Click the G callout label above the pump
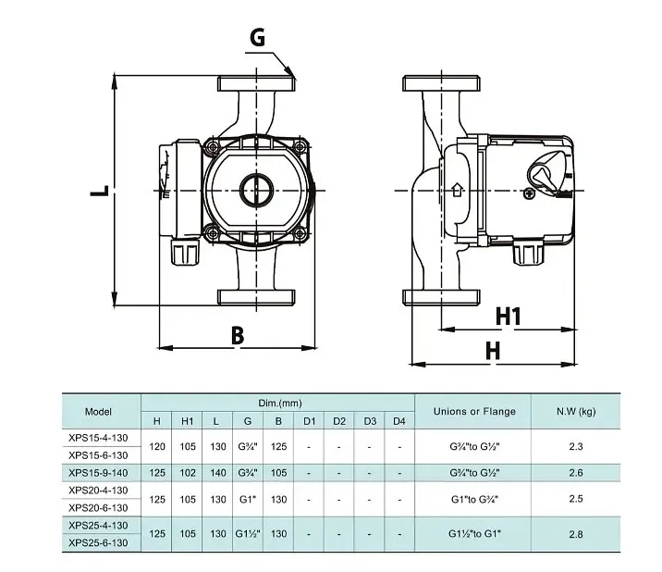click(258, 37)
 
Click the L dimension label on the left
click(100, 191)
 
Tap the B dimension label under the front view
click(238, 336)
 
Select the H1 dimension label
click(509, 317)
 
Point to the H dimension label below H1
click(493, 351)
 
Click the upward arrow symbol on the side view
click(457, 190)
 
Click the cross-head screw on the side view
click(529, 193)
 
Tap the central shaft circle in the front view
click(256, 191)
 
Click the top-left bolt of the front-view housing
click(213, 147)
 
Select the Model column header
click(98, 411)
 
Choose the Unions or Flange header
click(474, 411)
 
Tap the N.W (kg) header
click(576, 411)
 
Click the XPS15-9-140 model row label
click(98, 473)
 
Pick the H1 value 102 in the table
click(188, 473)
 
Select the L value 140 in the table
click(218, 473)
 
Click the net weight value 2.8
click(576, 534)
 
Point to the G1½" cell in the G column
click(248, 534)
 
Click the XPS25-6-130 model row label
click(98, 542)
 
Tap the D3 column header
click(370, 421)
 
